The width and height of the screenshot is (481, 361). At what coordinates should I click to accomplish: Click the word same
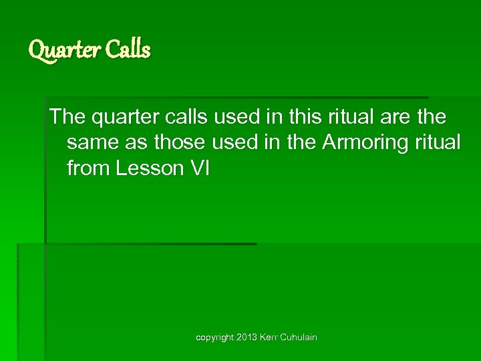pyautogui.click(x=92, y=143)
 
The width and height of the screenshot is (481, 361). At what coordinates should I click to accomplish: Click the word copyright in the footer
pyautogui.click(x=214, y=338)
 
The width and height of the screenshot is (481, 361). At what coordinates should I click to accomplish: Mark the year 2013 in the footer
pyautogui.click(x=247, y=338)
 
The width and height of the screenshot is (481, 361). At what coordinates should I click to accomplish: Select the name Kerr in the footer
pyautogui.click(x=271, y=338)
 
